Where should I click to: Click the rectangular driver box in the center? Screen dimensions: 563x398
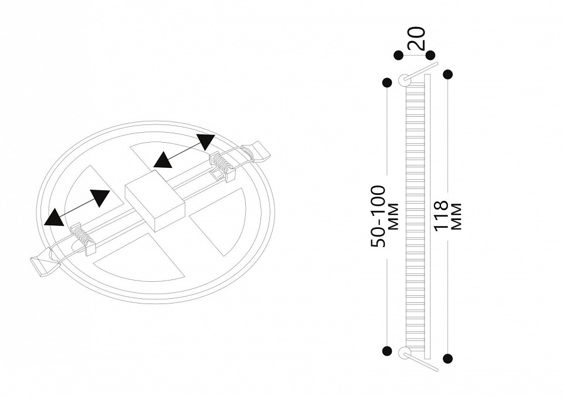(155, 201)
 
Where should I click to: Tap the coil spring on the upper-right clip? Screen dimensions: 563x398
(223, 165)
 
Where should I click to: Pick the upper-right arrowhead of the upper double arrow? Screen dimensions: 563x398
(205, 142)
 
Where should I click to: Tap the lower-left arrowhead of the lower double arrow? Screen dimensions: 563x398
(54, 218)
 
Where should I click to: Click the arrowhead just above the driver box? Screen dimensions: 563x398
(164, 160)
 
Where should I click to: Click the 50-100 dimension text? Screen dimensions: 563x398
(378, 216)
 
